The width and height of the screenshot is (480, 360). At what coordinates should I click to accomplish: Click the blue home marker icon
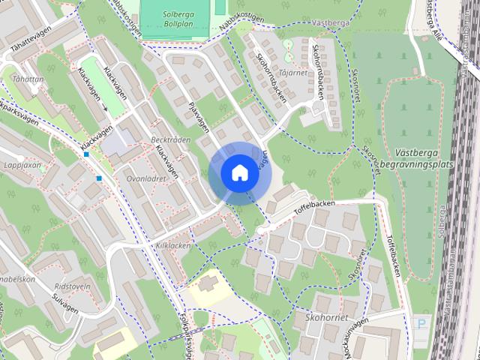[238, 172]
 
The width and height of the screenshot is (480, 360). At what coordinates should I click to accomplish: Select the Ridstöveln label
[73, 286]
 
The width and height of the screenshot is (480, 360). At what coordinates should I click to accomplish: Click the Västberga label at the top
[329, 24]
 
